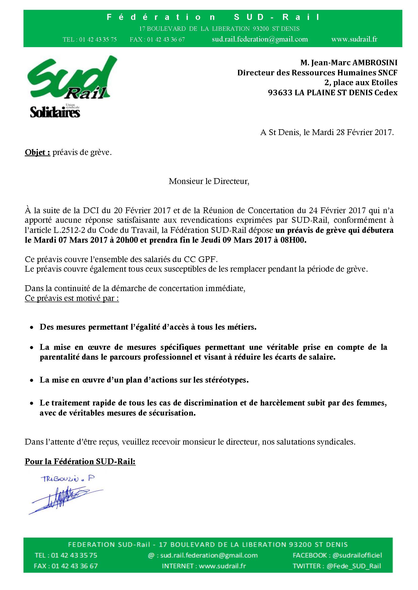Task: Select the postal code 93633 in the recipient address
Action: (x=280, y=92)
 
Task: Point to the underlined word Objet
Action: (x=37, y=153)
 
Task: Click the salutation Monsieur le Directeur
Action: (x=209, y=181)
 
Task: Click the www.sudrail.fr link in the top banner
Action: (x=354, y=39)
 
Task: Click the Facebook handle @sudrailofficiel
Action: (x=357, y=563)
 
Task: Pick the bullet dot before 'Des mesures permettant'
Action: (x=32, y=328)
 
